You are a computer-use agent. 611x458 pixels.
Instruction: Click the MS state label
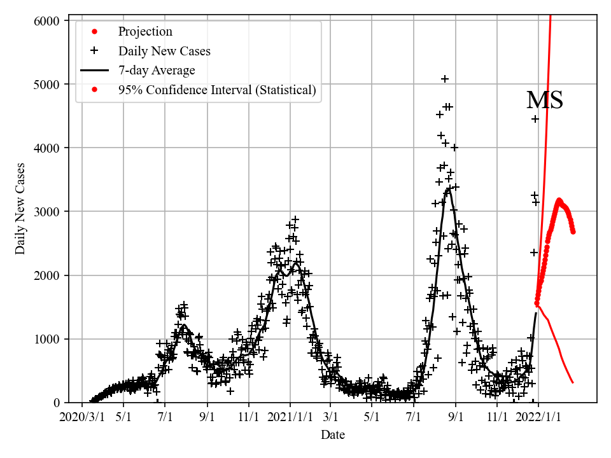pyautogui.click(x=545, y=101)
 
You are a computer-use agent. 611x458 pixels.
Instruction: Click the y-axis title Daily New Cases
pyautogui.click(x=21, y=209)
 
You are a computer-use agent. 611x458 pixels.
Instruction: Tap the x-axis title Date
pyautogui.click(x=333, y=435)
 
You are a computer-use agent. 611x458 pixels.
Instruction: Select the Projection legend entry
pyautogui.click(x=145, y=32)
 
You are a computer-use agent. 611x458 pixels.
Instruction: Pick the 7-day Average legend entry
pyautogui.click(x=157, y=71)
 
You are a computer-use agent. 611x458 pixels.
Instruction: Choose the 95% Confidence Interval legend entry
pyautogui.click(x=216, y=90)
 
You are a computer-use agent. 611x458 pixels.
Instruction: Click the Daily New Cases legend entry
pyautogui.click(x=164, y=52)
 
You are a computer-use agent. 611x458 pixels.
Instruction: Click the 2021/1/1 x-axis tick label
pyautogui.click(x=290, y=418)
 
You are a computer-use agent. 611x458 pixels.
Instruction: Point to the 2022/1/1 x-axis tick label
pyautogui.click(x=538, y=418)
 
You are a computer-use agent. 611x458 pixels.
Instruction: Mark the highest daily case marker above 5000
pyautogui.click(x=445, y=79)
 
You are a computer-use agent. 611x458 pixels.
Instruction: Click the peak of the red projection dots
pyautogui.click(x=559, y=200)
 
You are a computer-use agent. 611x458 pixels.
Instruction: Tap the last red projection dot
pyautogui.click(x=573, y=232)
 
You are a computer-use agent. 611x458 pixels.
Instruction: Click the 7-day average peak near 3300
pyautogui.click(x=449, y=188)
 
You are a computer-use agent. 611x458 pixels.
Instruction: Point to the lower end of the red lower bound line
pyautogui.click(x=573, y=382)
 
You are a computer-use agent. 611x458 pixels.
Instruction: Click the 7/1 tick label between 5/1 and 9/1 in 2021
pyautogui.click(x=414, y=418)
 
